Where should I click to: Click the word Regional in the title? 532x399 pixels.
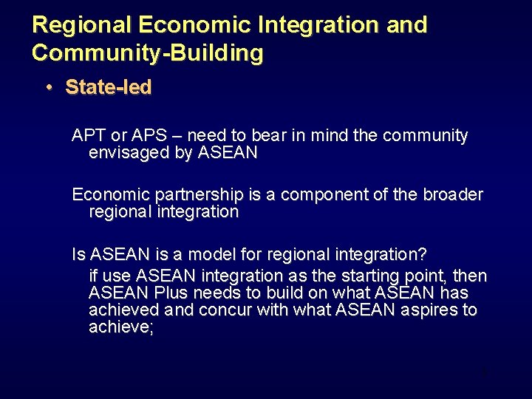81,25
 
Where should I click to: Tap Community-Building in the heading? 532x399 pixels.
147,53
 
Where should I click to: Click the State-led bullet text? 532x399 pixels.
109,87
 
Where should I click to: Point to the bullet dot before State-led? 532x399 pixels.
48,88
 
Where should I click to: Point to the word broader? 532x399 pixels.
452,195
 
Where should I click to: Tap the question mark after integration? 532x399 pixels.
422,255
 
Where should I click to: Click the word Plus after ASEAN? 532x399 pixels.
160,293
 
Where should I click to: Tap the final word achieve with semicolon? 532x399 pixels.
121,327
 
